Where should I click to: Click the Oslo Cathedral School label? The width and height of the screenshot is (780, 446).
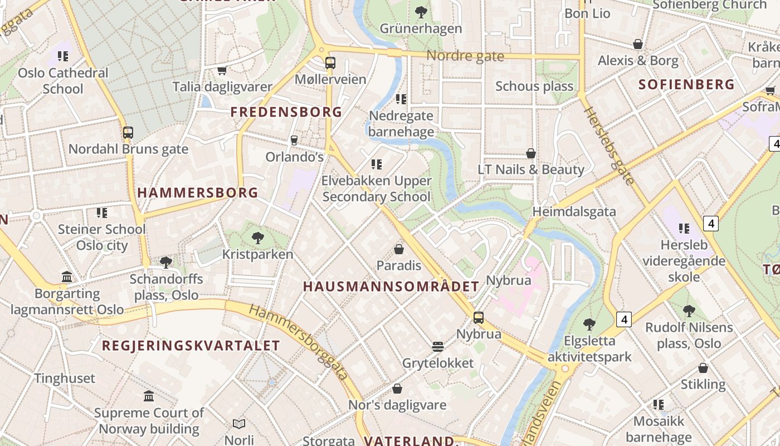click(63, 81)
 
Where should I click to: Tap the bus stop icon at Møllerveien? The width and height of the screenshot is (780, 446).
click(330, 62)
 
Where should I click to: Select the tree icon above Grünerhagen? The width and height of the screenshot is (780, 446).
click(421, 12)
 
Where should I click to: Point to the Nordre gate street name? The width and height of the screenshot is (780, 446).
click(465, 56)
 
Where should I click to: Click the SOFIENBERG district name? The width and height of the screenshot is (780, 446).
click(686, 85)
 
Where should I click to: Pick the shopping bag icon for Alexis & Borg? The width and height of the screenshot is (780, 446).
click(638, 44)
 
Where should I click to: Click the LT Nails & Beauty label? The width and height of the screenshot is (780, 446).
click(531, 169)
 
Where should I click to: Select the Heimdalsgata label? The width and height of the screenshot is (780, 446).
click(574, 211)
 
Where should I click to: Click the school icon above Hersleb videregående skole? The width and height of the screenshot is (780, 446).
click(684, 228)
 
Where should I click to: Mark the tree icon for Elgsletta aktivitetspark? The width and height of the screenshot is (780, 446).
click(589, 324)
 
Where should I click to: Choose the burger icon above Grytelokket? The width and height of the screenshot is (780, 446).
click(438, 347)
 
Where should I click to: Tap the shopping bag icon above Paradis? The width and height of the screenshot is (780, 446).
click(399, 249)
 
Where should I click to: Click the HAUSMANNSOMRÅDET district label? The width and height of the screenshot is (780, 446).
click(391, 287)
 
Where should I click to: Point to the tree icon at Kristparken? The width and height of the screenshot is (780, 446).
click(257, 238)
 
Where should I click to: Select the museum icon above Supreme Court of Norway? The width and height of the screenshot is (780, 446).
click(149, 396)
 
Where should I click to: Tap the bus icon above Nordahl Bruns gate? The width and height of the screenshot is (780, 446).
click(128, 133)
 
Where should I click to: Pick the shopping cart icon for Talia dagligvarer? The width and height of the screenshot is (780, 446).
click(222, 70)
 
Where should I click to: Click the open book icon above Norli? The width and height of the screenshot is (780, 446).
click(239, 424)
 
